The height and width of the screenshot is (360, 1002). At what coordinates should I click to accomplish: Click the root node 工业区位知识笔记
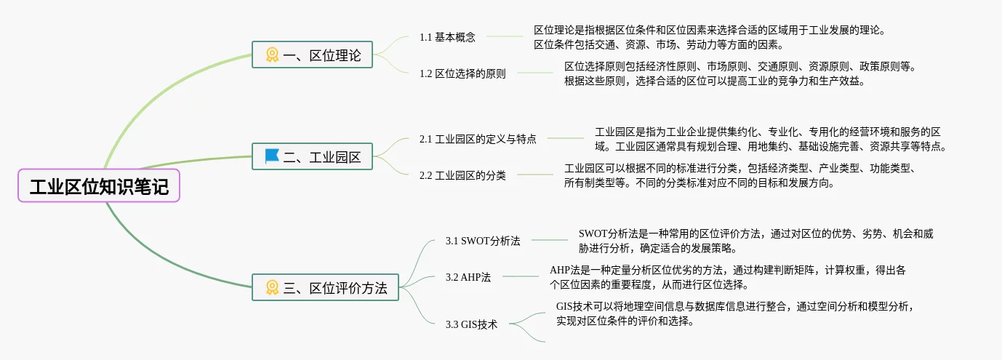click(99, 188)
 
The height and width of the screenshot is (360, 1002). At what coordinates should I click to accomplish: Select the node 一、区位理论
click(312, 55)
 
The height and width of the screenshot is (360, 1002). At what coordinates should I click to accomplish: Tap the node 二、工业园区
click(312, 156)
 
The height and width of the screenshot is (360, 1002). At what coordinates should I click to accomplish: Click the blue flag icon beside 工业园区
click(272, 156)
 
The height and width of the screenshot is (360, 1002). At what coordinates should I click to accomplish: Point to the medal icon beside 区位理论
click(272, 55)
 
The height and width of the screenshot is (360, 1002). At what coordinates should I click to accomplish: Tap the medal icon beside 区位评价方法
click(272, 288)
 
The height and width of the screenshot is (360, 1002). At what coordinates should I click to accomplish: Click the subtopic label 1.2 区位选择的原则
click(462, 73)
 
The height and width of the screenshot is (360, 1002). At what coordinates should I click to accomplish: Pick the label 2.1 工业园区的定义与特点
click(478, 138)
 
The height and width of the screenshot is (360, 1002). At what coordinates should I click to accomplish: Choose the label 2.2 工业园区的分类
click(462, 175)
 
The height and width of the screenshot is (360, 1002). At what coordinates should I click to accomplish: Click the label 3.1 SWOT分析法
click(483, 241)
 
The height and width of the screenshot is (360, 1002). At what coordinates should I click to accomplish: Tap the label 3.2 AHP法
click(468, 277)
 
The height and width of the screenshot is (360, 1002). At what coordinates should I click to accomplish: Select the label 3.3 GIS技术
click(471, 324)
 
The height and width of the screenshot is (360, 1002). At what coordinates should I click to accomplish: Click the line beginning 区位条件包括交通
click(653, 44)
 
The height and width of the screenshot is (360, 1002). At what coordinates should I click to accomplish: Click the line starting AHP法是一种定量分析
click(727, 271)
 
